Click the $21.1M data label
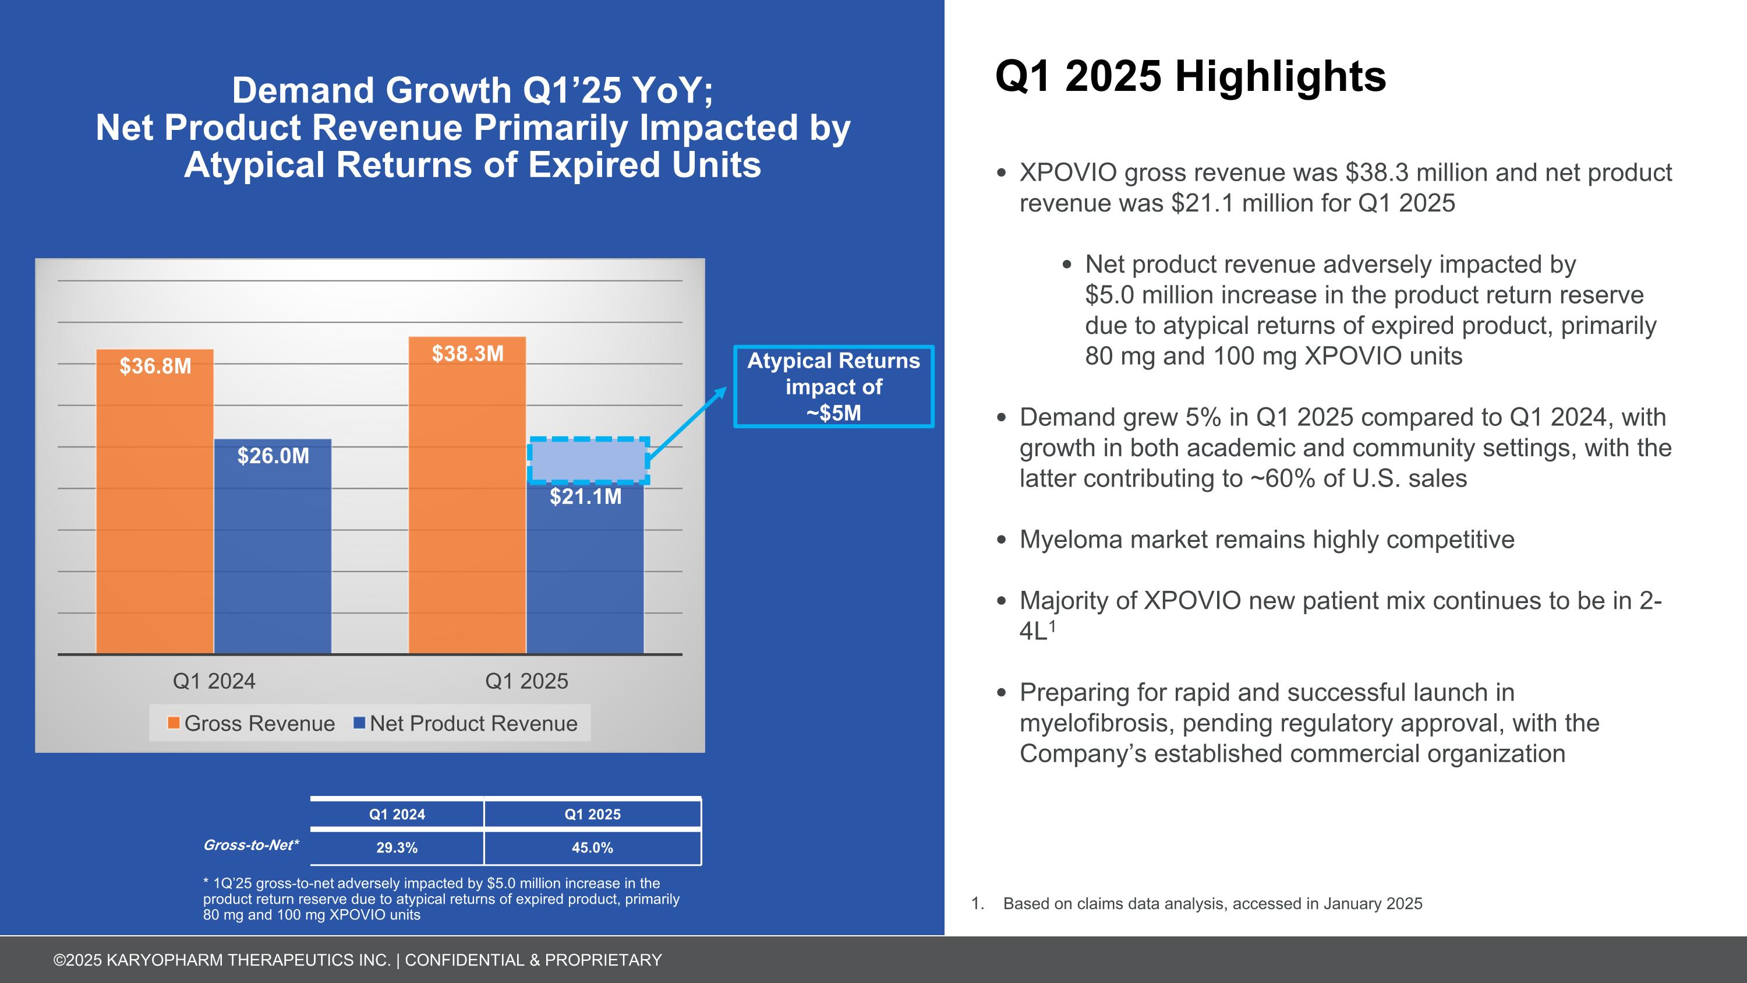tap(585, 496)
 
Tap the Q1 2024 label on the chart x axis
tap(214, 681)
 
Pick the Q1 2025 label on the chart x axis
tap(526, 681)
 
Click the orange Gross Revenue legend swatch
tap(174, 723)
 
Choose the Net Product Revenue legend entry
tap(473, 723)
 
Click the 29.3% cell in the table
tap(397, 848)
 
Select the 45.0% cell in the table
tap(592, 848)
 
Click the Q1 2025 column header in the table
tap(592, 814)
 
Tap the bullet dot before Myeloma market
tap(1002, 540)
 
